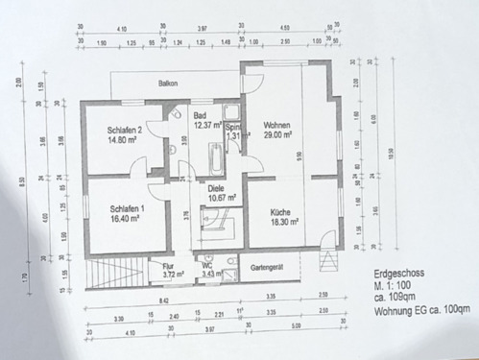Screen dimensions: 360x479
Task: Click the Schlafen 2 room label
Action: [127, 131]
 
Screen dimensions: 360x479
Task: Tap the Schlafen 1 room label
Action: [127, 208]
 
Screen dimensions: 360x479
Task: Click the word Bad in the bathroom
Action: [200, 114]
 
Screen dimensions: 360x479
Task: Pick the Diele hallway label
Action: [218, 188]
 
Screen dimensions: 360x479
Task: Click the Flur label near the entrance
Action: [169, 266]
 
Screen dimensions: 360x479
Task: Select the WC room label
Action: [207, 266]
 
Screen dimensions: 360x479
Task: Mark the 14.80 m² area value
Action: [127, 141]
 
